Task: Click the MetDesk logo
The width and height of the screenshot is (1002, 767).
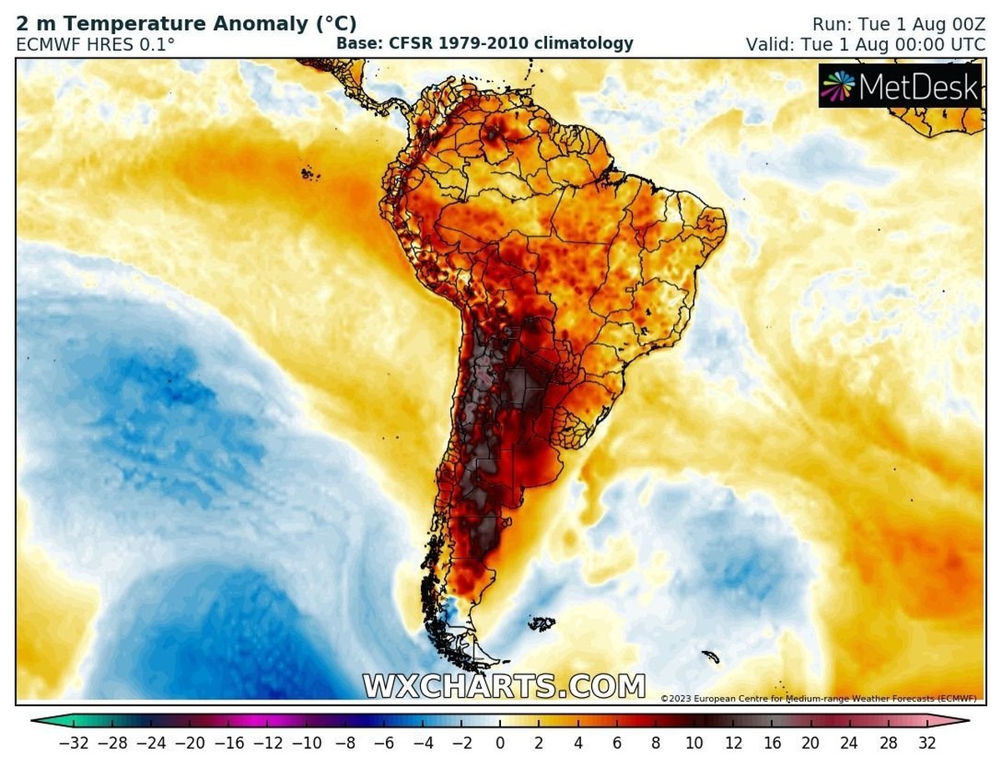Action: pos(899,86)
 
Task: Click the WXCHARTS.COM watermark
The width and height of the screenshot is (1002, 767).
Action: pos(504,686)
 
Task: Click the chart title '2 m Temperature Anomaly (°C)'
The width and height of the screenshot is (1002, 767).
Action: pos(186,24)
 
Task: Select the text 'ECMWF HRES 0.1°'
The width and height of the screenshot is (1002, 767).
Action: pos(95,44)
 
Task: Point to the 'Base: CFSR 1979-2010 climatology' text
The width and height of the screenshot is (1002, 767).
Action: pos(484,43)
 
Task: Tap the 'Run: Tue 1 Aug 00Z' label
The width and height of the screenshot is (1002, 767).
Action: pos(898,24)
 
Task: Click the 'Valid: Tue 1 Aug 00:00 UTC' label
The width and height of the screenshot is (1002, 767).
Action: pos(865,44)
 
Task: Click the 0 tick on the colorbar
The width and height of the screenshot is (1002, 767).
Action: pos(499,742)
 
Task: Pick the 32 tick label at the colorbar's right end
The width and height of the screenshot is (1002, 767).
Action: pos(928,742)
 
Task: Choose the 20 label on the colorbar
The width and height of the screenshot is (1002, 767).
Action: pos(810,742)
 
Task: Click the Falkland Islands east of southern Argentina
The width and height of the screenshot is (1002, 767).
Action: pos(542,623)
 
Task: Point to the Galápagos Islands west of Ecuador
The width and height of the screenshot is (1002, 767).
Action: pos(311,174)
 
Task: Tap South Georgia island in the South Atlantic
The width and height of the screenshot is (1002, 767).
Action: pos(711,657)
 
